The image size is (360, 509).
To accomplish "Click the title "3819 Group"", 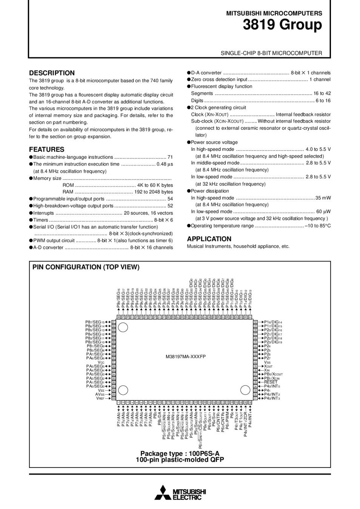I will coord(282,25).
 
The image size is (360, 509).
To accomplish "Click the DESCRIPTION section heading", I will coord(52,73).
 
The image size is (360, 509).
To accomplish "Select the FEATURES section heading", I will coord(47,149).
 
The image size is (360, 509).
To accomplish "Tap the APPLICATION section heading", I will coord(209,239).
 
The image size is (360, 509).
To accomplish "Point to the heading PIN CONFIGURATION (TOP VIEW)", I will coord(86,267).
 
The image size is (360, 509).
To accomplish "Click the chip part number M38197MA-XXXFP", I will coord(186,357).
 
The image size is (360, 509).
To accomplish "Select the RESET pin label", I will coord(271,382).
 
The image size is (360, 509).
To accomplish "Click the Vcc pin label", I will coord(101,362).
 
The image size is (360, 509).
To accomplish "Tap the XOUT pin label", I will coord(268,366).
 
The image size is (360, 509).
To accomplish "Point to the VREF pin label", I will coord(100,398).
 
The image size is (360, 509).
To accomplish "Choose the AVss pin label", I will coord(100,394).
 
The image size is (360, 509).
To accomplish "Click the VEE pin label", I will coord(101,390).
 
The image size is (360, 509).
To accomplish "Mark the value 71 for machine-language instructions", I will coord(170,157).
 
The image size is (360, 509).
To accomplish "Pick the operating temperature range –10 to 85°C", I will coord(318,226).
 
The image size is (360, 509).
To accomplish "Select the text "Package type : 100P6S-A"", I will coord(180,453).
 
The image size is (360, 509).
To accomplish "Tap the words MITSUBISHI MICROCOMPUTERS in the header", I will coord(274,13).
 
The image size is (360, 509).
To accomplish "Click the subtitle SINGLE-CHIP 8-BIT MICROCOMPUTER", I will coord(271,53).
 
